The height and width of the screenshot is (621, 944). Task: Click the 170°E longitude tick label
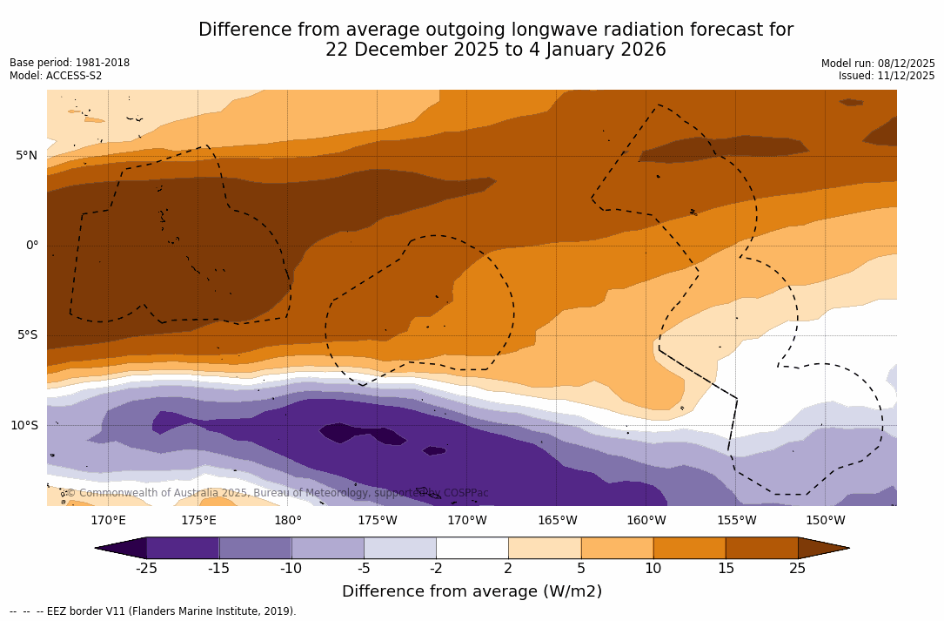click(x=108, y=521)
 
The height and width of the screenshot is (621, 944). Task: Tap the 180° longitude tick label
click(x=288, y=521)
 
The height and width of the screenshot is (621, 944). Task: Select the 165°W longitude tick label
click(x=557, y=521)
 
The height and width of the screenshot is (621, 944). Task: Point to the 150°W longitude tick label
click(x=826, y=521)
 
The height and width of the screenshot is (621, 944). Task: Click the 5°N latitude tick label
click(x=26, y=155)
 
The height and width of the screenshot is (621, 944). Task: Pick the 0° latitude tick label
click(x=31, y=246)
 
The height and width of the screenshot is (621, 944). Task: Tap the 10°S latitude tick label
click(x=24, y=426)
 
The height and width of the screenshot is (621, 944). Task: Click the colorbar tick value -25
click(x=146, y=569)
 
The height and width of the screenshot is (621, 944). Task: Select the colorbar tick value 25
click(x=797, y=569)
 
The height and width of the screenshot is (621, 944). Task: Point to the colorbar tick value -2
click(x=436, y=569)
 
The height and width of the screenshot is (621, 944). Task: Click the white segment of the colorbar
click(x=472, y=548)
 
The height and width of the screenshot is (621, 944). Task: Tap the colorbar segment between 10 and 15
click(x=689, y=548)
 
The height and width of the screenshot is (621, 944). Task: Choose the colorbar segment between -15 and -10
click(x=255, y=548)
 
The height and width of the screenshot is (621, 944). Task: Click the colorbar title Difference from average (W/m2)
click(x=472, y=591)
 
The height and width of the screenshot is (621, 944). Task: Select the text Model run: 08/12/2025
click(x=878, y=64)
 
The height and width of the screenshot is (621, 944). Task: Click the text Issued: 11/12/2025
click(x=887, y=76)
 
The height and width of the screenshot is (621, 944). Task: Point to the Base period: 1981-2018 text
click(x=70, y=63)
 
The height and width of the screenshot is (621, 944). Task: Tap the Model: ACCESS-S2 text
click(x=56, y=76)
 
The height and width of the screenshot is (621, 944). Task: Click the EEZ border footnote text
click(x=152, y=611)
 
